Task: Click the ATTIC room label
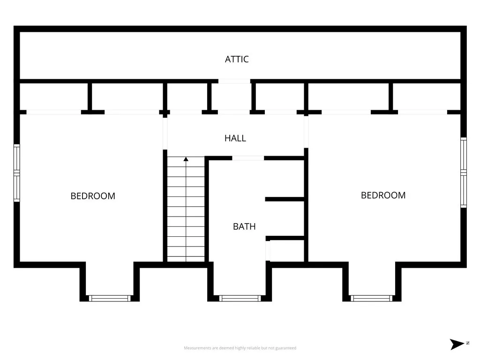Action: [237, 59]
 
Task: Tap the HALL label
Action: [235, 138]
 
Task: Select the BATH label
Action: [244, 226]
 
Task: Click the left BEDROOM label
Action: [93, 196]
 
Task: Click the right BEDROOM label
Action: [383, 195]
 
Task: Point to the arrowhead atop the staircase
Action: [186, 159]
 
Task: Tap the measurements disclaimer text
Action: [240, 348]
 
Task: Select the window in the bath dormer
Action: [240, 298]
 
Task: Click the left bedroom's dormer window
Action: [110, 298]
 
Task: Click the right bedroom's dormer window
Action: [372, 298]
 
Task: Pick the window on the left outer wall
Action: [17, 173]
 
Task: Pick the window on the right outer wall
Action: [463, 172]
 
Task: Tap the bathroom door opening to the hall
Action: [248, 158]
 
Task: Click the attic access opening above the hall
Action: [234, 82]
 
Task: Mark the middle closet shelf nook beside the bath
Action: [285, 218]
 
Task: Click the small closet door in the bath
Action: [268, 251]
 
